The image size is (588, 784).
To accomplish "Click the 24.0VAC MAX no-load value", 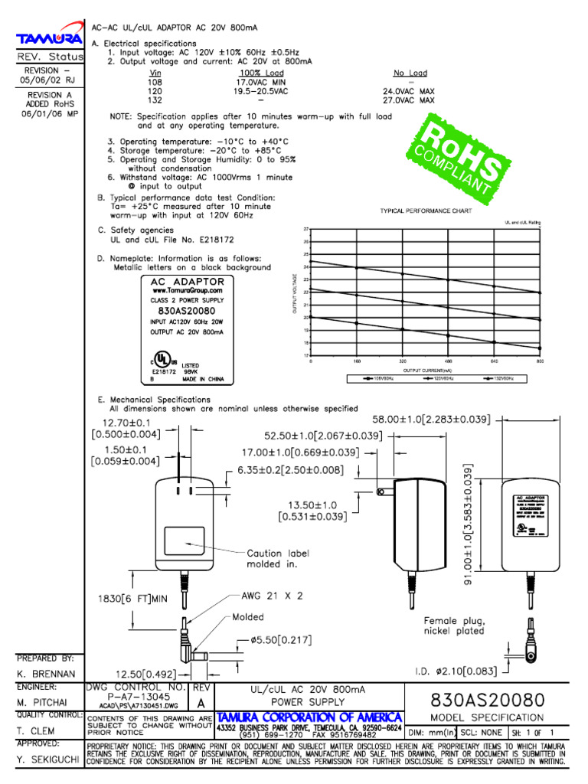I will tap(408, 91).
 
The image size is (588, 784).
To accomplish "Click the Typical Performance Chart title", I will tap(426, 211).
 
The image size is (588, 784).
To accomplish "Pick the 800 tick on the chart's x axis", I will tap(541, 361).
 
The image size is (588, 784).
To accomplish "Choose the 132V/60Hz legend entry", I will tap(499, 378).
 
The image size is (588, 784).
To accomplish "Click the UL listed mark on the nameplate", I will tap(162, 359).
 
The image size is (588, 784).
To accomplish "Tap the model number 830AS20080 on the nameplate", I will tap(186, 312).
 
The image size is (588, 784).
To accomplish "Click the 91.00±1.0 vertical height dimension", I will tap(469, 525).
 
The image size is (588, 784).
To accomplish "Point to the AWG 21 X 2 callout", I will tap(273, 595).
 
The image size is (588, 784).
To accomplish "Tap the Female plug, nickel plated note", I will tap(454, 626).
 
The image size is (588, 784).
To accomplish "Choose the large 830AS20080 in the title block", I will tap(488, 700).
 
